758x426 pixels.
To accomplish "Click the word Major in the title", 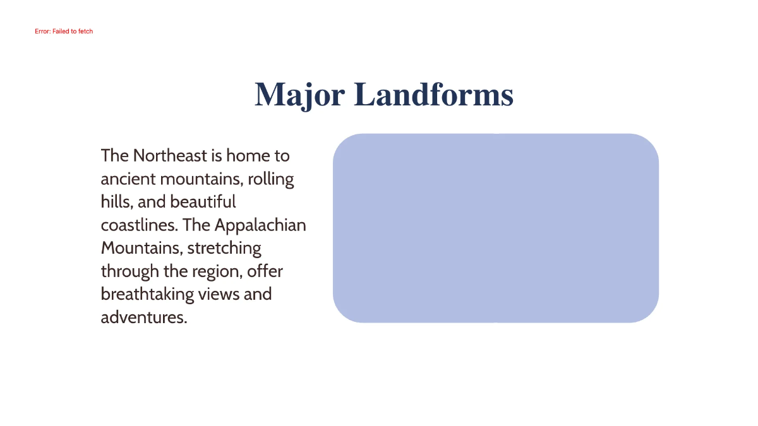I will coord(299,95).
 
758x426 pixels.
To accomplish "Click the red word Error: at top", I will coord(43,31).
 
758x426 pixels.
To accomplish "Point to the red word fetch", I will coord(85,31).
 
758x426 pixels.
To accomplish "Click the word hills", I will coord(116,202).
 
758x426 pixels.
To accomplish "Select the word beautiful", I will coord(203,202).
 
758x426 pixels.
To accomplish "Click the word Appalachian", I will coord(260,225).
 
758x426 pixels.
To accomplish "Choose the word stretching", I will coord(224,248).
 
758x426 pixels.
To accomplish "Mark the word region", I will coord(217,271).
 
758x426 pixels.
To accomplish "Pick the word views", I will coord(219,294).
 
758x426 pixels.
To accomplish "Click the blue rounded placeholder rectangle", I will coord(495,228).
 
